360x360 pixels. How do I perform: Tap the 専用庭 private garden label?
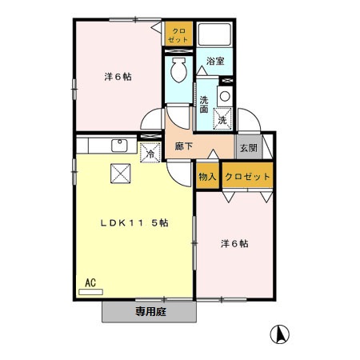149,311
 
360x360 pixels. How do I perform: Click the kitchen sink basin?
120,145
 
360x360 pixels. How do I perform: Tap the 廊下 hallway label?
182,147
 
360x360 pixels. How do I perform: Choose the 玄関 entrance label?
247,148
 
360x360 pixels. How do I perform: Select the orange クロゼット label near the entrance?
247,176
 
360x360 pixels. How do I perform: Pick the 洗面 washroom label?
204,105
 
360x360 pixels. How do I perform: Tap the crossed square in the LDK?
119,172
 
